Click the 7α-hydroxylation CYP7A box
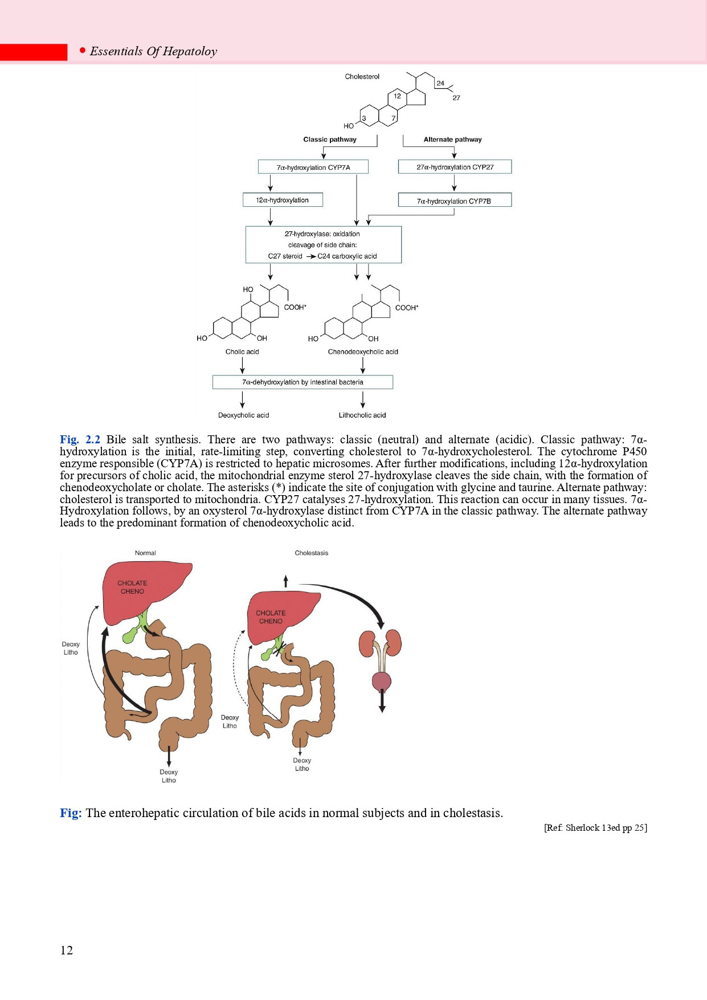coord(313,167)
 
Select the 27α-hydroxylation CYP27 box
coord(455,167)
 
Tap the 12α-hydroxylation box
coord(282,200)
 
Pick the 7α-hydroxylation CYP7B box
coord(454,201)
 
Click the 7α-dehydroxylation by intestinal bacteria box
coord(303,382)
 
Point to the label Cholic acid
coord(242,352)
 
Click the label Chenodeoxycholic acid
coord(363,352)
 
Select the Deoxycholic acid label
coord(243,415)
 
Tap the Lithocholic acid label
coord(362,415)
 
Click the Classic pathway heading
coord(330,140)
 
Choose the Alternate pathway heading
coord(452,140)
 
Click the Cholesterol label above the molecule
coord(362,77)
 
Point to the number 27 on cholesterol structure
coord(456,98)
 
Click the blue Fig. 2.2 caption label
coord(80,439)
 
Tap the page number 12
coord(67,950)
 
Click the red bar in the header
coord(33,52)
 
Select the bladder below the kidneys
coord(382,681)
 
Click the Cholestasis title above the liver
coord(311,553)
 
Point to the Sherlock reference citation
coord(595,828)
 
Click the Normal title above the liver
coord(145,553)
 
